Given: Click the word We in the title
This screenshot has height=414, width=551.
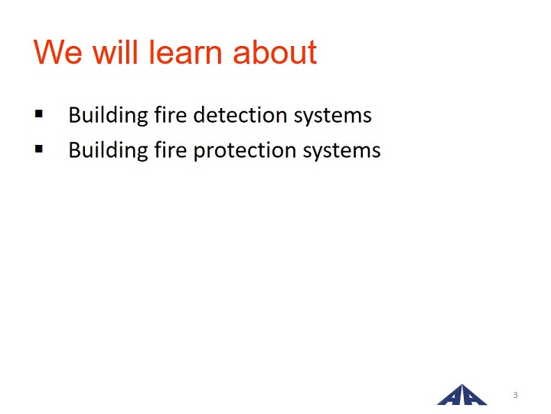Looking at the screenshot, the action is [x=58, y=52].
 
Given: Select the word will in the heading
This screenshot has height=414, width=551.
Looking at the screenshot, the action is [x=115, y=52].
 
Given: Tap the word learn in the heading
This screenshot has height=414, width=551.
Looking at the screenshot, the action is [x=185, y=52].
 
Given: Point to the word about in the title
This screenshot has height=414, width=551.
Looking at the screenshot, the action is [x=275, y=52].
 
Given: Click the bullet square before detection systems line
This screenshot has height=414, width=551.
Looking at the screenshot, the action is [x=39, y=113].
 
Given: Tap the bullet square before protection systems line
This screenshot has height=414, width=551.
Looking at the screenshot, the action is [x=39, y=149].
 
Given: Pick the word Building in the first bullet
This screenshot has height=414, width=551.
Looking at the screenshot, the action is [x=108, y=116].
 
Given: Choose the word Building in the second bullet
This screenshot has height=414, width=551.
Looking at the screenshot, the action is [x=108, y=151].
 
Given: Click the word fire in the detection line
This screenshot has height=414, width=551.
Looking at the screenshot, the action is [x=171, y=114].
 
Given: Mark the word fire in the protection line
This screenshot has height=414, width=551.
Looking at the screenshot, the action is [x=171, y=149].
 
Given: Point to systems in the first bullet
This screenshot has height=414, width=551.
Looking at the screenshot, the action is [x=333, y=117].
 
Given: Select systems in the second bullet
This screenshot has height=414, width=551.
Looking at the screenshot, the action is [x=342, y=151].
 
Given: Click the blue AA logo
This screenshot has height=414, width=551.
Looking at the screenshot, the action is [x=462, y=395].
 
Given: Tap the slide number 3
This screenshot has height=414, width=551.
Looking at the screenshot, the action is [x=515, y=395].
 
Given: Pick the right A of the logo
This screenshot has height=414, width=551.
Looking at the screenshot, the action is [x=473, y=396].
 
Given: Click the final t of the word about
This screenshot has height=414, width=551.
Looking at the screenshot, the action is [x=312, y=53].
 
